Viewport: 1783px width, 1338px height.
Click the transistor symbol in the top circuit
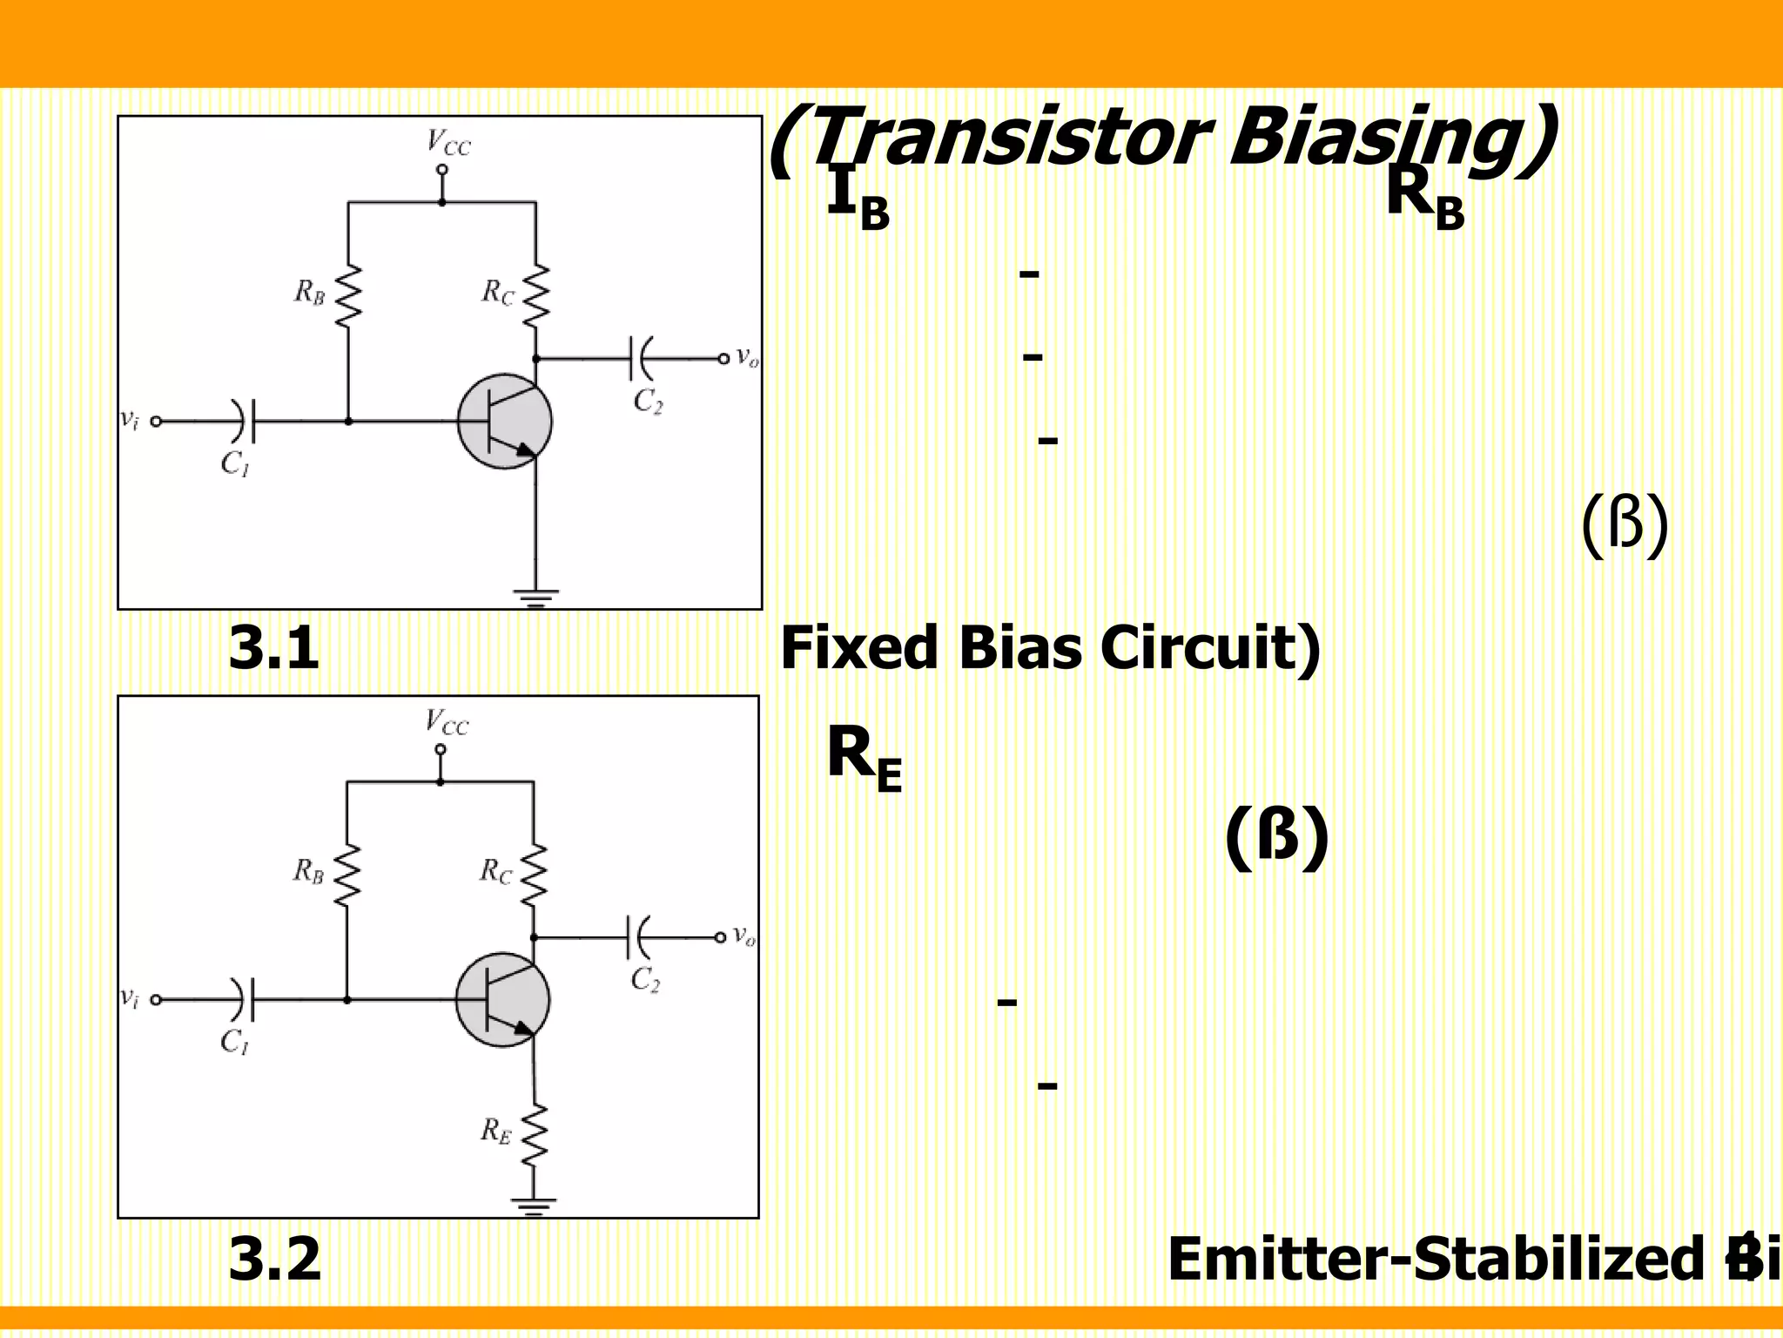tap(505, 422)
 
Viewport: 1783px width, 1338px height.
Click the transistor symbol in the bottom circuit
tap(503, 1000)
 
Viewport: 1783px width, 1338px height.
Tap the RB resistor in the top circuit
tap(348, 296)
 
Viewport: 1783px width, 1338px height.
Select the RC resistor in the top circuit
tap(536, 296)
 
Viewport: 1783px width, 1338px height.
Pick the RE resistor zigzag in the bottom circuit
tap(534, 1134)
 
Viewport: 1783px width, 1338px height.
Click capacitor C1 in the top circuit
tap(243, 422)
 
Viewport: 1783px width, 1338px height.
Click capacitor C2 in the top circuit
tap(640, 358)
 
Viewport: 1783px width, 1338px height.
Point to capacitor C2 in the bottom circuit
tap(638, 937)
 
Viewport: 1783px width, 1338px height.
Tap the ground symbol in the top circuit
tap(535, 598)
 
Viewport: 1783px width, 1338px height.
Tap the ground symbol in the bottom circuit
tap(534, 1206)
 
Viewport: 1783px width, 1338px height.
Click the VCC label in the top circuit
tap(447, 142)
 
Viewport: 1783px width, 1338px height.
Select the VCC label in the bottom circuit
tap(446, 722)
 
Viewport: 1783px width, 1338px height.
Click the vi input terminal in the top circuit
tap(156, 422)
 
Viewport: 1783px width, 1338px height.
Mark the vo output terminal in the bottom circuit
tap(720, 937)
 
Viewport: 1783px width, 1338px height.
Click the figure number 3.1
tap(273, 649)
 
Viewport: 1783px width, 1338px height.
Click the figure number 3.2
tap(274, 1260)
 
